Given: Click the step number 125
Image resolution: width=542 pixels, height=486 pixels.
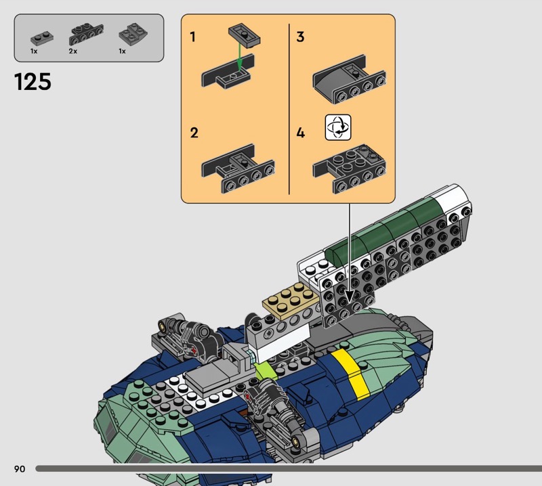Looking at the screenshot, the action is pyautogui.click(x=33, y=82).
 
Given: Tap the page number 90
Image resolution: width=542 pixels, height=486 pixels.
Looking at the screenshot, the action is pyautogui.click(x=20, y=468).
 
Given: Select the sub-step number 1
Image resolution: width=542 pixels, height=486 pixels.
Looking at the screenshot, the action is pyautogui.click(x=192, y=37).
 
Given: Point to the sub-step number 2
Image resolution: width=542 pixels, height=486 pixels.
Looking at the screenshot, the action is pyautogui.click(x=194, y=133).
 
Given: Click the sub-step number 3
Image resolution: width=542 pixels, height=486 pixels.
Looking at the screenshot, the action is pyautogui.click(x=300, y=37).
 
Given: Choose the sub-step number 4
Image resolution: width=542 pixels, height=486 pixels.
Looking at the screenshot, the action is pyautogui.click(x=301, y=133).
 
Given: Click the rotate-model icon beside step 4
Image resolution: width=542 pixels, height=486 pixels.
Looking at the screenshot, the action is pyautogui.click(x=338, y=127).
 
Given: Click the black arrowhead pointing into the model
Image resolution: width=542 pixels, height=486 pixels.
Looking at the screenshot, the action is pyautogui.click(x=349, y=297).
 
